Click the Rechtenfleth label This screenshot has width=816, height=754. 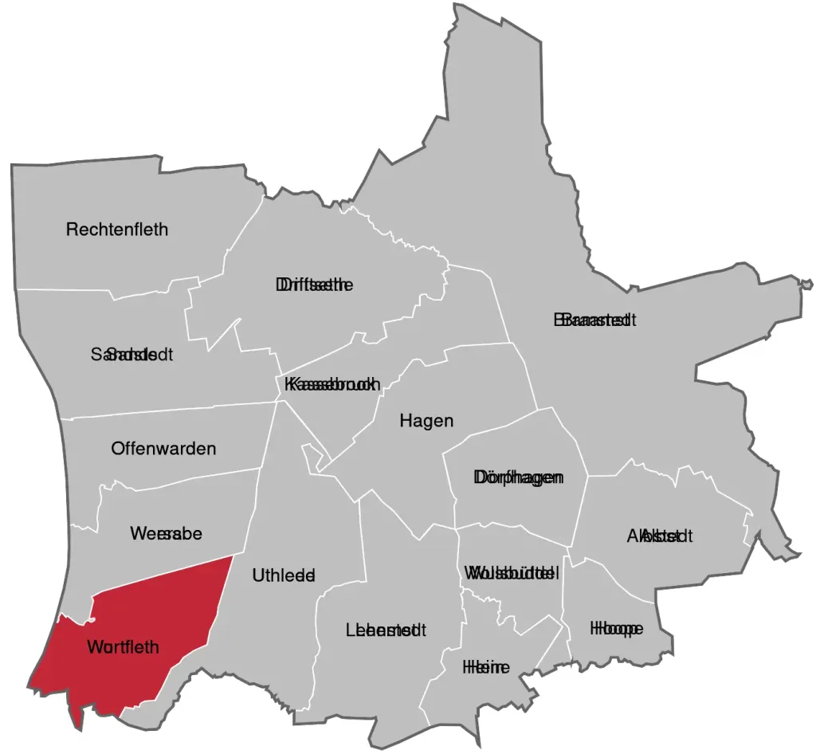[x=117, y=230]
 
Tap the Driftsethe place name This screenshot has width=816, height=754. [x=314, y=285]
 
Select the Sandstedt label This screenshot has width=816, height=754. [x=132, y=354]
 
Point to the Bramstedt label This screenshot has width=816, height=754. [x=594, y=320]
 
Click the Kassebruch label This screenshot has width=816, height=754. [x=331, y=384]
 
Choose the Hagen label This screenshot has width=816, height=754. [x=426, y=421]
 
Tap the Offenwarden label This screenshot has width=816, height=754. [x=163, y=449]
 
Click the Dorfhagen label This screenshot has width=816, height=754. [x=519, y=477]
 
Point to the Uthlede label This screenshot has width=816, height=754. [x=284, y=575]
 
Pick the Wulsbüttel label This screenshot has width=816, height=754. [x=511, y=573]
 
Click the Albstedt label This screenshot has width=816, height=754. [x=660, y=536]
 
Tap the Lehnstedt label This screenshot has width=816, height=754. [x=386, y=630]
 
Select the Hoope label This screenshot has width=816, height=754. [x=616, y=629]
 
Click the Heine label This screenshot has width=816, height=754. [x=486, y=668]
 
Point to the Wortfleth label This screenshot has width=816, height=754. [x=123, y=647]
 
